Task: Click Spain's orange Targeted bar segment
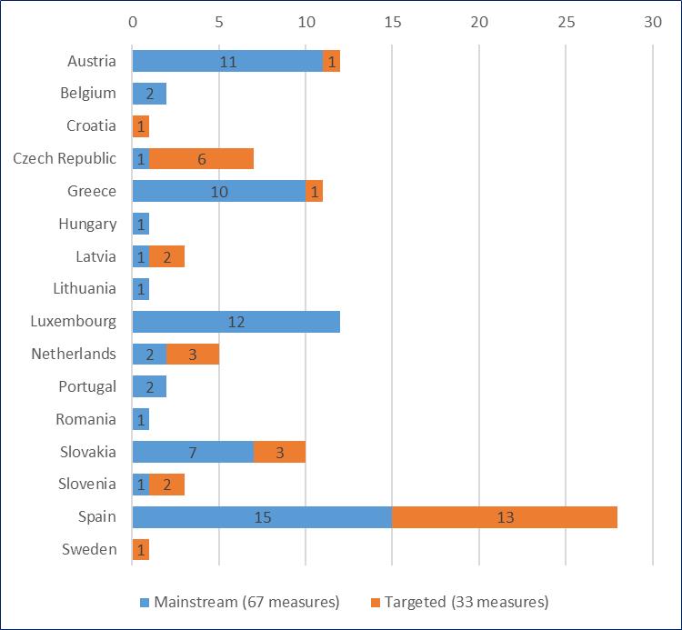(x=505, y=517)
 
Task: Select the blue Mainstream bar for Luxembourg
(x=236, y=322)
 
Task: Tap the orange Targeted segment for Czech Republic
(x=201, y=158)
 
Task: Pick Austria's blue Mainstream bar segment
(x=227, y=61)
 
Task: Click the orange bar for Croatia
(x=141, y=126)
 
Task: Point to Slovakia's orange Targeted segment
(x=279, y=452)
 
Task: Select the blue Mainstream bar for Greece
(x=218, y=191)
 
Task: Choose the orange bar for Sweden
(x=141, y=549)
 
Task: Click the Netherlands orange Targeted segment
(x=193, y=355)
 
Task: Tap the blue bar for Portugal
(x=149, y=386)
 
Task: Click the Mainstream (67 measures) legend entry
(x=239, y=602)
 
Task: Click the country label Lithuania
(x=85, y=288)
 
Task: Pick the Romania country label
(x=87, y=419)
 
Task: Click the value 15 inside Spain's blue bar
(x=262, y=517)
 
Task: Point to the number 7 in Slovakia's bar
(x=193, y=452)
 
